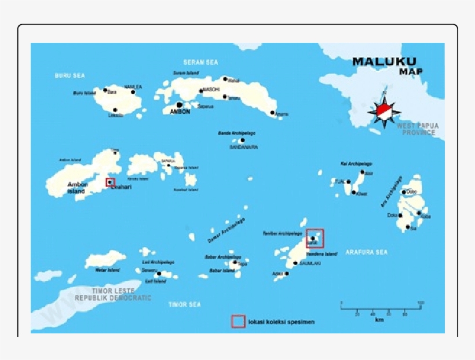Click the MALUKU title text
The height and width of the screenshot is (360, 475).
pos(384,61)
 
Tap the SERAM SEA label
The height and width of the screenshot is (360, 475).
pos(200,62)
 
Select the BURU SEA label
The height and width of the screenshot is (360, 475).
pos(70,75)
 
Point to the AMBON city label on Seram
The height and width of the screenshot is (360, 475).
pos(180,112)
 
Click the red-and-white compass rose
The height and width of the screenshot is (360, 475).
pos(383,109)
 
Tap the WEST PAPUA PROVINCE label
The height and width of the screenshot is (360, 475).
pos(417,129)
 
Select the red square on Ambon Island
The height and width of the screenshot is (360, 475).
pos(110,182)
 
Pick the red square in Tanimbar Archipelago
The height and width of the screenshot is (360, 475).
pos(315,238)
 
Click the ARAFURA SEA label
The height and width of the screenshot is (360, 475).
pos(366,252)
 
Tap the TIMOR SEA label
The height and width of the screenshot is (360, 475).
pos(184,304)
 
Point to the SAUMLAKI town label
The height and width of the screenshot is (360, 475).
pos(310,263)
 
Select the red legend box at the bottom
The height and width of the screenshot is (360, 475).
pos(238,321)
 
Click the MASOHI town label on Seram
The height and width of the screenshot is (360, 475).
pos(211,90)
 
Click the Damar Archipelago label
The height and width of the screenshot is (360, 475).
pos(226,230)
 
